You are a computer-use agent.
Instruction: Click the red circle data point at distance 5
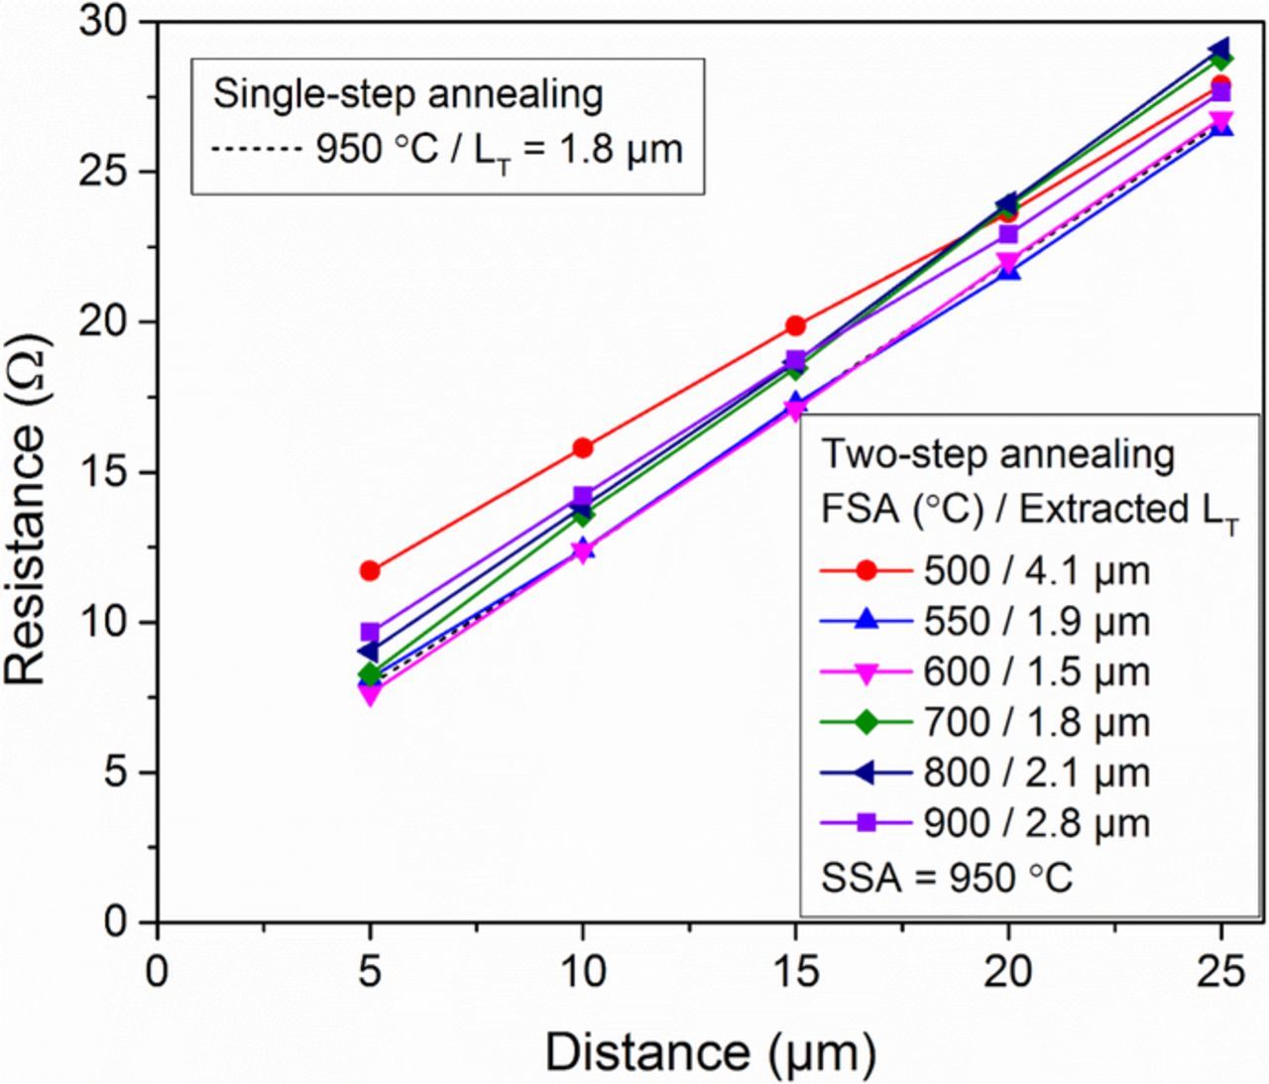(x=370, y=570)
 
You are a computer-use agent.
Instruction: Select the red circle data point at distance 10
(x=583, y=448)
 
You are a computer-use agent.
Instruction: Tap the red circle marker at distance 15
(x=795, y=325)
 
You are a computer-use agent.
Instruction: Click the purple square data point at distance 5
(x=370, y=632)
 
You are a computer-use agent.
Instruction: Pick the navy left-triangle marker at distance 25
(x=1220, y=49)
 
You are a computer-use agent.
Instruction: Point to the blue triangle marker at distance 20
(x=1008, y=270)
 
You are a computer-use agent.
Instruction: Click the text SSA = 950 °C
(x=947, y=878)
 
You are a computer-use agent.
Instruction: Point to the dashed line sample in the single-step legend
(x=256, y=150)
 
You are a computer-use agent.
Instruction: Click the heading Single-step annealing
(x=408, y=95)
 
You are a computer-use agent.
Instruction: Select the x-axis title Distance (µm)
(x=710, y=1052)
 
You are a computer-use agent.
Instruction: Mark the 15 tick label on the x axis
(x=795, y=972)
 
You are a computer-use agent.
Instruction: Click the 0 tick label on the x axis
(x=157, y=972)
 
